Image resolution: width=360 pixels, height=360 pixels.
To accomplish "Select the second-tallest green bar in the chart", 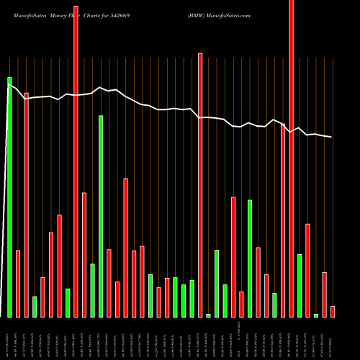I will pyautogui.click(x=101, y=216).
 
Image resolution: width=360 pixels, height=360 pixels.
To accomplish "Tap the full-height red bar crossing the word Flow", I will pyautogui.click(x=76, y=158).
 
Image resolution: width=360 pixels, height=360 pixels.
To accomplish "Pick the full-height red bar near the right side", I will pyautogui.click(x=291, y=158).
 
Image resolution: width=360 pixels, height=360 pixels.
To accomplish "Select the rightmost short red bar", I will pyautogui.click(x=333, y=312).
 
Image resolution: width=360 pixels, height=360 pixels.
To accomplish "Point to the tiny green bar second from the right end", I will pyautogui.click(x=316, y=315).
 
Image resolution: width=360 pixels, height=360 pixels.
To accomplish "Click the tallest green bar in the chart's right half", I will pyautogui.click(x=250, y=258).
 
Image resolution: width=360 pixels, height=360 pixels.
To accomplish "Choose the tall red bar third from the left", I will pyautogui.click(x=27, y=205).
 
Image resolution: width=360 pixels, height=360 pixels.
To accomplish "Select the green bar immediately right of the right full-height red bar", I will pyautogui.click(x=300, y=285).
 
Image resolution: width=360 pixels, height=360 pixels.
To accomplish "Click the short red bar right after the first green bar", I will pyautogui.click(x=18, y=284).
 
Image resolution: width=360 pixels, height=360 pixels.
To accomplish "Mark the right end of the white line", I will pyautogui.click(x=332, y=137).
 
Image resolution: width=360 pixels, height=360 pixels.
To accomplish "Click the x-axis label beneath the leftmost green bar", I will pyautogui.click(x=9, y=338).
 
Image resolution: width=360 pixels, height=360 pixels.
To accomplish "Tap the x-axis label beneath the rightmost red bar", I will pyautogui.click(x=333, y=338).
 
